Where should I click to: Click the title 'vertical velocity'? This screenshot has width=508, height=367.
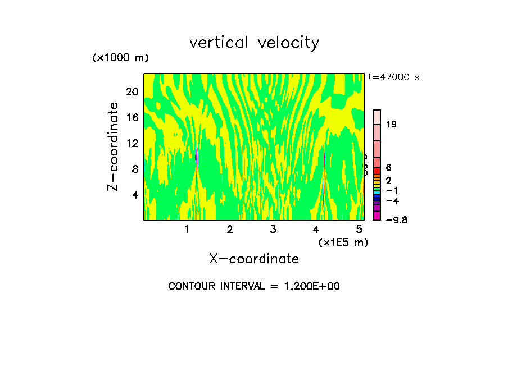tap(254, 43)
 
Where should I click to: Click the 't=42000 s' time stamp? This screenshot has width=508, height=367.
tap(393, 77)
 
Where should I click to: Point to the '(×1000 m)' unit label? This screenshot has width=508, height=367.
tap(120, 58)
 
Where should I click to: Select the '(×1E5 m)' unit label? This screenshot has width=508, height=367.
tap(343, 242)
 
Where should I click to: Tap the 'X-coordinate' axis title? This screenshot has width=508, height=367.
tap(254, 259)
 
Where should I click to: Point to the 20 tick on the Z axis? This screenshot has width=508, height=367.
tap(131, 92)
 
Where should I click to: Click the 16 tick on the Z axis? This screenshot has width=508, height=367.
tap(131, 118)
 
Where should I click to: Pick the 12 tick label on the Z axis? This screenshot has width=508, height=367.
tap(131, 144)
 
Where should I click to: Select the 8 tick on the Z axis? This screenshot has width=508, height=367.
tap(135, 169)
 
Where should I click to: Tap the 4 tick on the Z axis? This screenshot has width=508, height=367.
tap(135, 195)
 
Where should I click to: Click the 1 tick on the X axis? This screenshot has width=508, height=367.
tap(187, 229)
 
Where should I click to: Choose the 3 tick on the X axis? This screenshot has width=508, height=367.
tap(273, 229)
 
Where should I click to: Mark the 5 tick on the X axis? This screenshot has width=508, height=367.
tap(359, 229)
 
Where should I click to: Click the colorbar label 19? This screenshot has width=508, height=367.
tap(391, 125)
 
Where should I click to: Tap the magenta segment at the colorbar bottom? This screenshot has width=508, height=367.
tap(377, 215)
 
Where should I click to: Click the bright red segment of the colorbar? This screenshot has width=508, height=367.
tap(377, 171)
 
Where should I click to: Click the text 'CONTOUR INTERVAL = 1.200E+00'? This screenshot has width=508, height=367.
tap(254, 286)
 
